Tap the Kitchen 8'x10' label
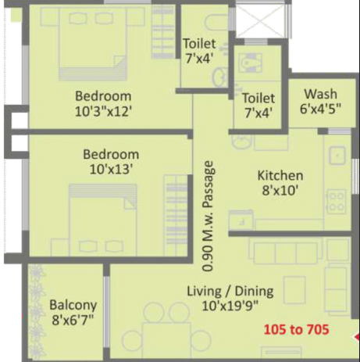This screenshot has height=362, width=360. (280, 182)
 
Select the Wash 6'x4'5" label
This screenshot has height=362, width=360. (321, 102)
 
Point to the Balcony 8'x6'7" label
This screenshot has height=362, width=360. (73, 311)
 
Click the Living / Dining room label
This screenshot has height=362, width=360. (230, 298)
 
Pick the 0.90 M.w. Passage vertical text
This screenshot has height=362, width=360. (209, 210)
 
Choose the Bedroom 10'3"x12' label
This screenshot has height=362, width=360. (109, 102)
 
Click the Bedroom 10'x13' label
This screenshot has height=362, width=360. (111, 161)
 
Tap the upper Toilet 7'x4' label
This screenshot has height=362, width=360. (199, 51)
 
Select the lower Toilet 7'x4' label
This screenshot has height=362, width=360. (258, 106)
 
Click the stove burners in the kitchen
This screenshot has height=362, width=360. (337, 202)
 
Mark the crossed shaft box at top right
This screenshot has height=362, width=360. (262, 22)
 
